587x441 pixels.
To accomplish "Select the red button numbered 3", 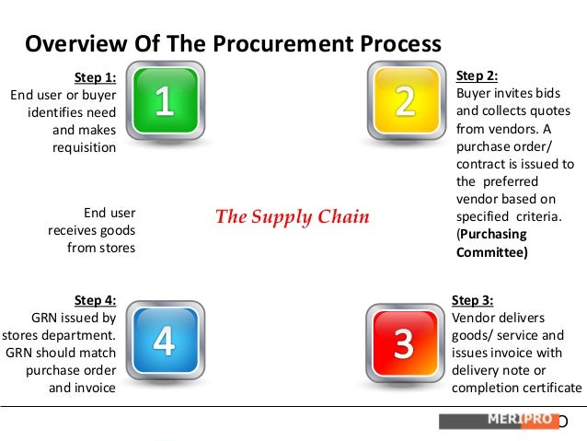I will click(403, 342).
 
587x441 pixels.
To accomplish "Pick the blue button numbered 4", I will click(163, 342).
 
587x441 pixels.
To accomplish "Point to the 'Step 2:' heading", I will click(477, 76).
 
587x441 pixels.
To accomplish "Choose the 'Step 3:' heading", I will click(473, 300).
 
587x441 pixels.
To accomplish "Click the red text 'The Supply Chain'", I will click(292, 217).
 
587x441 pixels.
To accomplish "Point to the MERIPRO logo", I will click(499, 421).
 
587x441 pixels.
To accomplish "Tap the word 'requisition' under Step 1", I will click(84, 147).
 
